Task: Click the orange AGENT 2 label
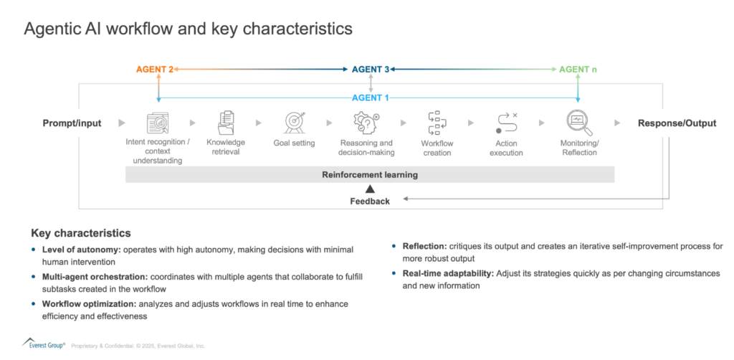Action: tap(155, 70)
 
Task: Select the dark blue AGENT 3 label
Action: tap(371, 70)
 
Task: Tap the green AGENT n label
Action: tap(578, 70)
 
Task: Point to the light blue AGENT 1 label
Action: tap(371, 98)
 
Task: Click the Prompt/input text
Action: tap(72, 123)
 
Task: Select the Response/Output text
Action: tap(677, 123)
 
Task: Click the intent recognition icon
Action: tap(158, 123)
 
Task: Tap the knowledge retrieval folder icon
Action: tap(227, 123)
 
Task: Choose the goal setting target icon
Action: tap(295, 123)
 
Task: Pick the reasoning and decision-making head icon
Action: tap(366, 123)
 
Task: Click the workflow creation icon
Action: tap(436, 123)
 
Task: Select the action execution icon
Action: tap(506, 123)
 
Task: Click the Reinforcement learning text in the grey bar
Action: tap(370, 174)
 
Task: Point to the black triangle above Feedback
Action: tap(370, 189)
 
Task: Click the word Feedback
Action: tap(370, 202)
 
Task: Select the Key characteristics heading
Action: tap(81, 233)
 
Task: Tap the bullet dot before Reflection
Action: tap(395, 247)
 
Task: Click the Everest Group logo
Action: tap(43, 344)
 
